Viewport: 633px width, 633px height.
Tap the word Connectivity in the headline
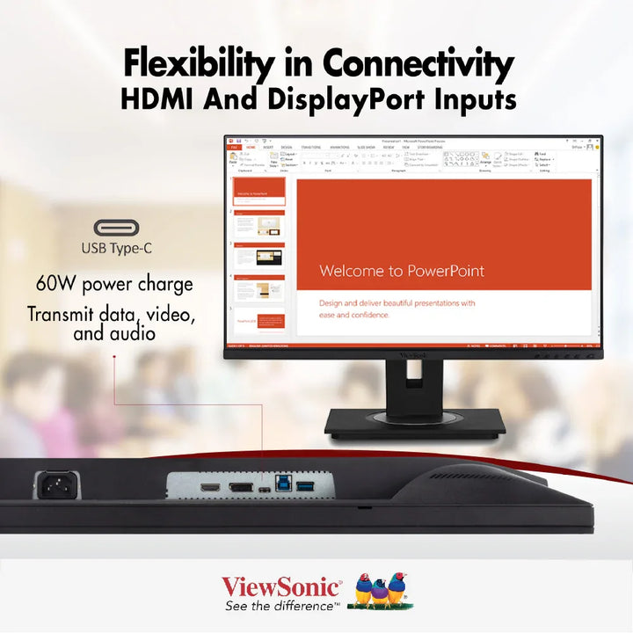[418, 64]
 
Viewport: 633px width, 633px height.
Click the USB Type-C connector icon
[116, 228]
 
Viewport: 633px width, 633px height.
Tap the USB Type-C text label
[116, 248]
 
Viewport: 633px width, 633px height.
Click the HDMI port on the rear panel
[209, 487]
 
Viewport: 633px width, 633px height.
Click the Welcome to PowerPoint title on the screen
[402, 271]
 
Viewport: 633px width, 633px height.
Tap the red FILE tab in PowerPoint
[234, 148]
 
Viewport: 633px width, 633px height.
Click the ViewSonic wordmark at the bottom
[280, 586]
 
